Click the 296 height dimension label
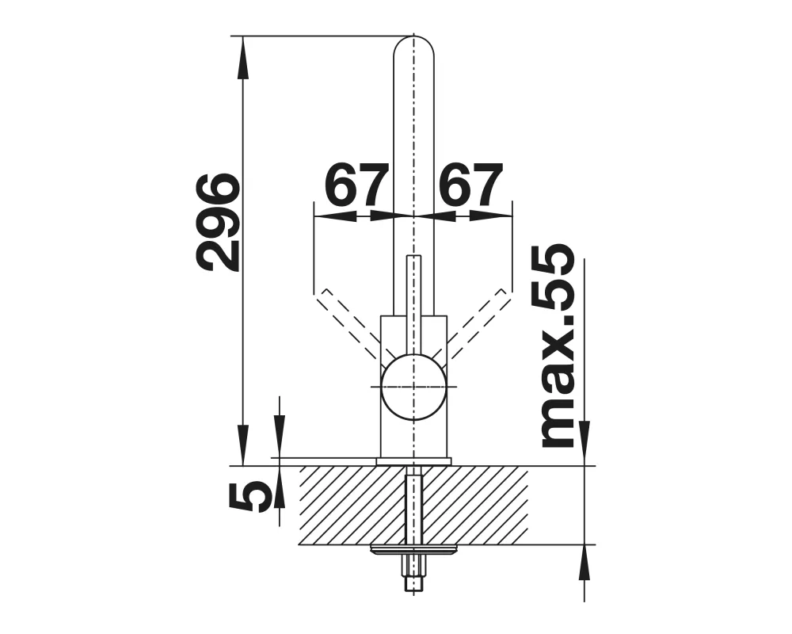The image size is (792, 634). (x=218, y=222)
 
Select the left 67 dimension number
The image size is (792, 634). (x=356, y=185)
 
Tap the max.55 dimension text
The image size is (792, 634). (x=558, y=346)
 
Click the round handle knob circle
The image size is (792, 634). (x=413, y=388)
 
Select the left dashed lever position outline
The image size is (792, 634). (x=348, y=323)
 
